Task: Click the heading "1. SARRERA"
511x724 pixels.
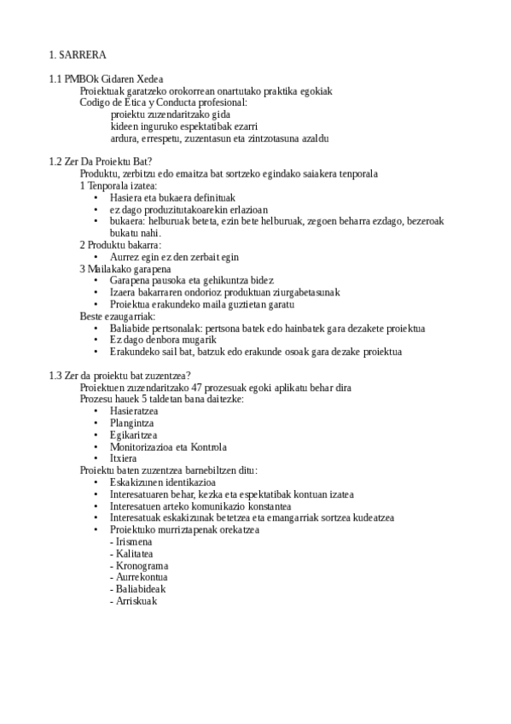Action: coord(78,55)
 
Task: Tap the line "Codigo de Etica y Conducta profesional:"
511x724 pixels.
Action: coord(163,102)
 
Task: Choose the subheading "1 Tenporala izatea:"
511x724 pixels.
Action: coord(119,185)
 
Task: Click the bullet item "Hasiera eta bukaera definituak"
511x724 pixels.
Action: coord(160,197)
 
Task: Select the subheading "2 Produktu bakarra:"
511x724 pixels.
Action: coord(120,245)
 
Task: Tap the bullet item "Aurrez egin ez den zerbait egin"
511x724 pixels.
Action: coord(174,257)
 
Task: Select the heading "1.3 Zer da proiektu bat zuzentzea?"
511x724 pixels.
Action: coord(120,376)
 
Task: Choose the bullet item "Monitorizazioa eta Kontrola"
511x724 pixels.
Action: coord(168,447)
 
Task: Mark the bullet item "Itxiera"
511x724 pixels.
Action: coord(124,458)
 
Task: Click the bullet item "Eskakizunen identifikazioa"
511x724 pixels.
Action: coord(162,482)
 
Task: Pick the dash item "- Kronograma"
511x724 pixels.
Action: coord(139,565)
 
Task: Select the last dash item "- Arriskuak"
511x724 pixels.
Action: coord(134,601)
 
